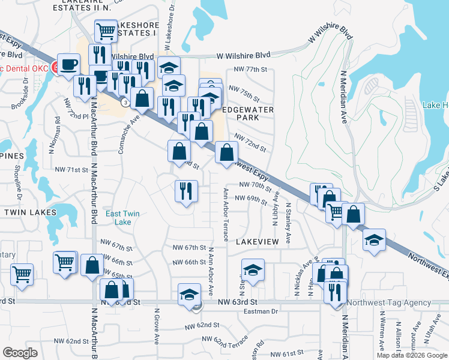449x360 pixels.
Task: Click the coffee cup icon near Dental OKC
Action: (x=70, y=65)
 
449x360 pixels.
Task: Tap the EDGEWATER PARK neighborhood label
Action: (x=248, y=114)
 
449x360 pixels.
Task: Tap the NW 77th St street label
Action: (x=250, y=70)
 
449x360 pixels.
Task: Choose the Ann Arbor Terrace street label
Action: (x=226, y=214)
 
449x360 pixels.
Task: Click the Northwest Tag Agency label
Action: (x=381, y=303)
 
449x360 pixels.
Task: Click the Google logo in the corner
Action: (x=20, y=352)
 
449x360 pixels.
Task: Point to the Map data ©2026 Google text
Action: (x=411, y=355)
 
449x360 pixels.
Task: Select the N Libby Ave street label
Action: (x=277, y=208)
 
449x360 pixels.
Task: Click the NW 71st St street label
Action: (x=71, y=170)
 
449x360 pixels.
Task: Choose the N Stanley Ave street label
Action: (x=289, y=223)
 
